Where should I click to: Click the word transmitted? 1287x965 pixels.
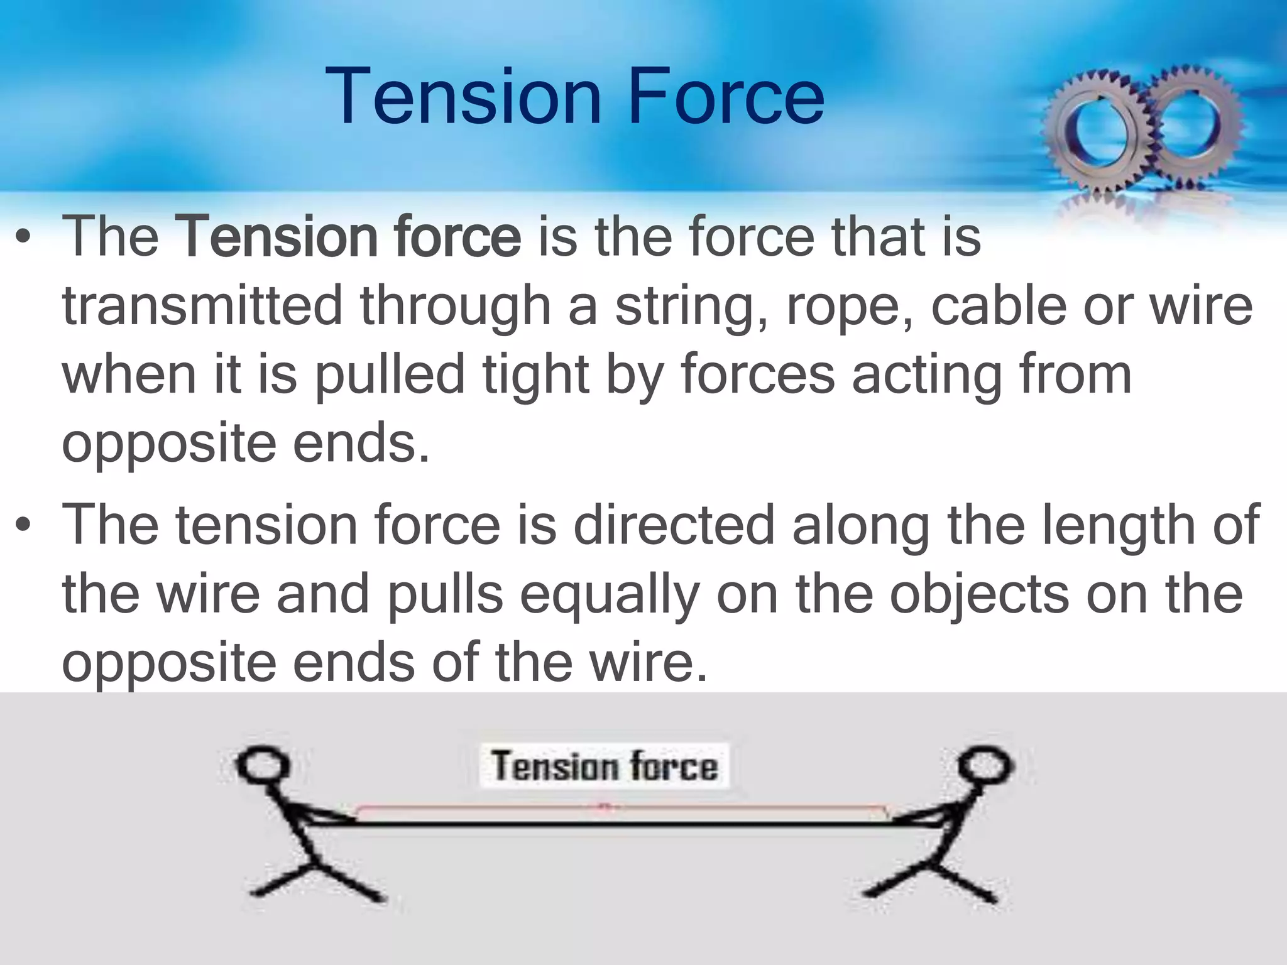[202, 306]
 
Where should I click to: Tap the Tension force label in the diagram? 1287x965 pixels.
[604, 766]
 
